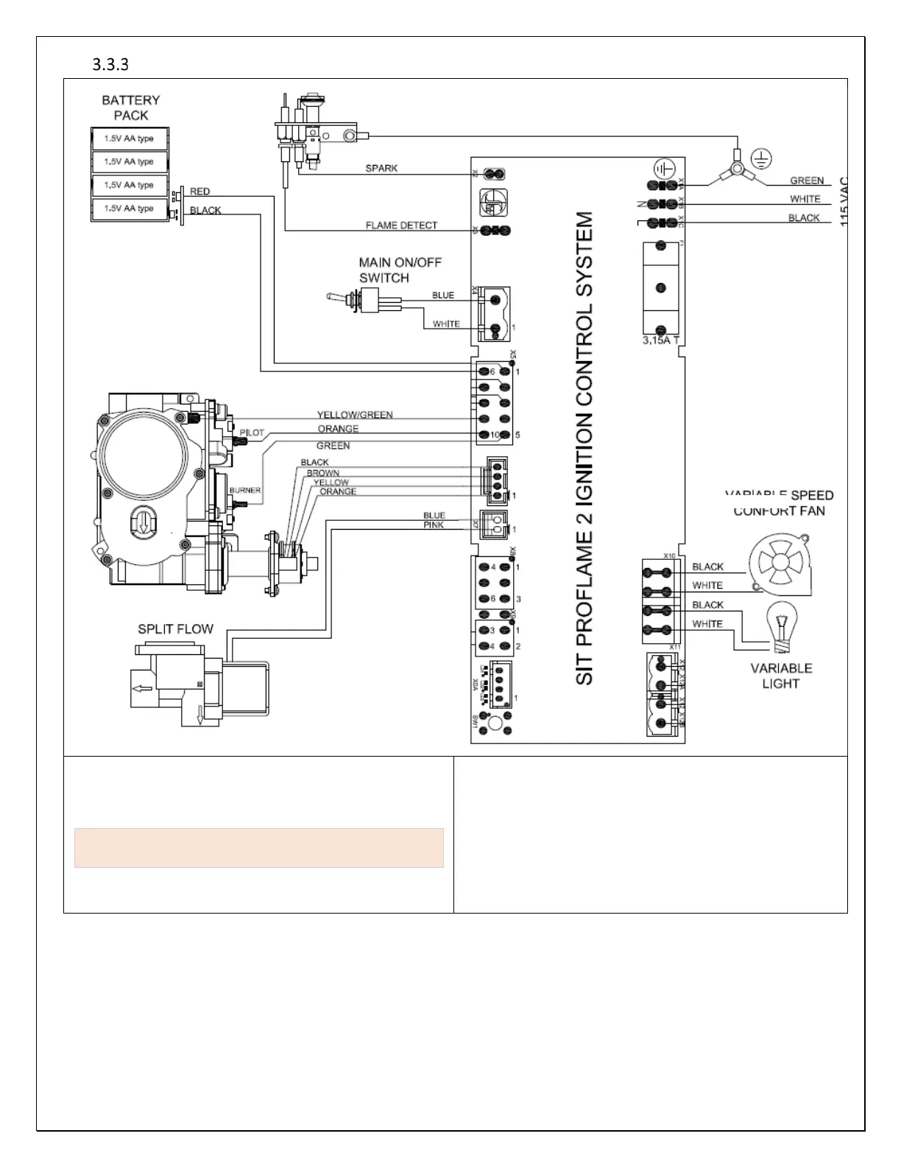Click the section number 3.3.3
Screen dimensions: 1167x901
tap(110, 65)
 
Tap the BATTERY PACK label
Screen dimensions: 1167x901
tap(131, 108)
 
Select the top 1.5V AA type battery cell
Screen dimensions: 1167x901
tap(130, 139)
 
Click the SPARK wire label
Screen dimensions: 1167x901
tap(381, 168)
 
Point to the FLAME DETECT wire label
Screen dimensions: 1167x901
tap(401, 225)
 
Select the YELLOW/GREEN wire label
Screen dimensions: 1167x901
tap(355, 415)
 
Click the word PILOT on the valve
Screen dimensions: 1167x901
tap(252, 432)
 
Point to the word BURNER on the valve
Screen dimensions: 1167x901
tap(244, 490)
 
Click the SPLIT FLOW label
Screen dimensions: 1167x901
tap(175, 629)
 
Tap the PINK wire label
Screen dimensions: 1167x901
tap(434, 525)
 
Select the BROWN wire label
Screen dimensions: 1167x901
tap(323, 473)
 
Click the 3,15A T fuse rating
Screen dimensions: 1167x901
tap(660, 340)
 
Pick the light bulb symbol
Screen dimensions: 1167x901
tap(781, 626)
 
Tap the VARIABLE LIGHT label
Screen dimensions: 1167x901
tap(781, 676)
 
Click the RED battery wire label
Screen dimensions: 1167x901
tap(200, 192)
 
